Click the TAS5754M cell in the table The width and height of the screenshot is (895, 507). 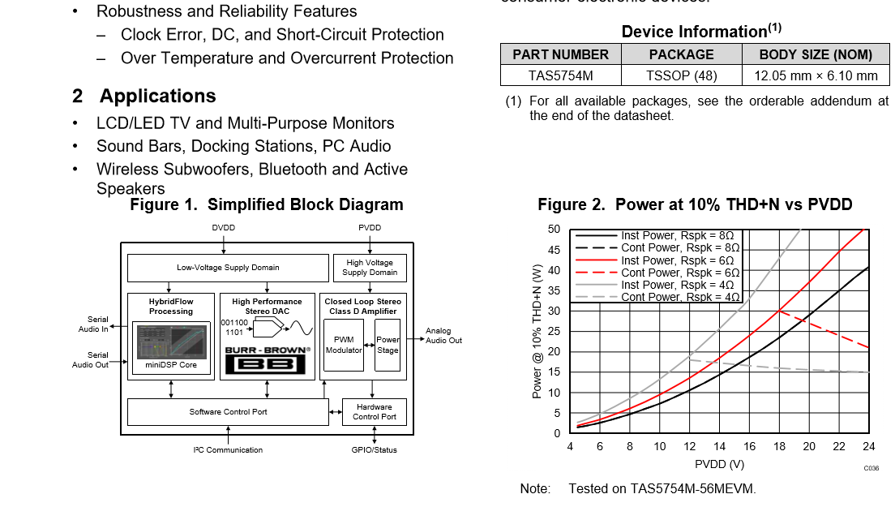[560, 75]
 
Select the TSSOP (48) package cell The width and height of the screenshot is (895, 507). [681, 75]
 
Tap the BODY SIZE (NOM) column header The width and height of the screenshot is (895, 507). [816, 54]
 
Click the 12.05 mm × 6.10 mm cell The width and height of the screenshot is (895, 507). [816, 75]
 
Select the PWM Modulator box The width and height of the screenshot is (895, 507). [344, 346]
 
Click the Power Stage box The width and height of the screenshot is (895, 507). [388, 346]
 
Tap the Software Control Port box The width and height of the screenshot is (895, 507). [228, 412]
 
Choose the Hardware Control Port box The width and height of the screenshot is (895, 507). [374, 412]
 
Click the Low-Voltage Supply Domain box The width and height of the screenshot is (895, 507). [228, 268]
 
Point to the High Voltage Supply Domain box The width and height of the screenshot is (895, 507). [370, 268]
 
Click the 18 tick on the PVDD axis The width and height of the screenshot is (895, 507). [779, 447]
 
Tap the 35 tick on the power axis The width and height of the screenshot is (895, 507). [555, 290]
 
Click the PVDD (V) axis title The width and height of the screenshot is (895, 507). [719, 465]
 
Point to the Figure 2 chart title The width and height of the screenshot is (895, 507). [695, 204]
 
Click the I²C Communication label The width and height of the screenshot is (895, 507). [228, 450]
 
